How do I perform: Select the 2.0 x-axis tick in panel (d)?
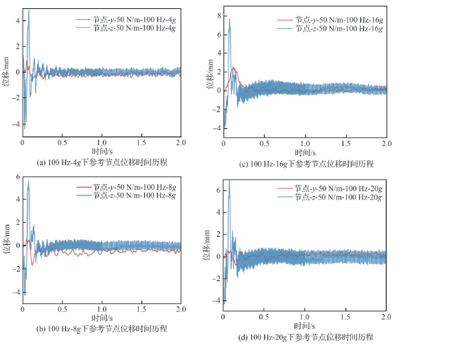click(386, 318)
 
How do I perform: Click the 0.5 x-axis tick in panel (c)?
click(264, 144)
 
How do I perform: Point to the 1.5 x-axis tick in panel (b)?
click(141, 309)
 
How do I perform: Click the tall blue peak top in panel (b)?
click(28, 182)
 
